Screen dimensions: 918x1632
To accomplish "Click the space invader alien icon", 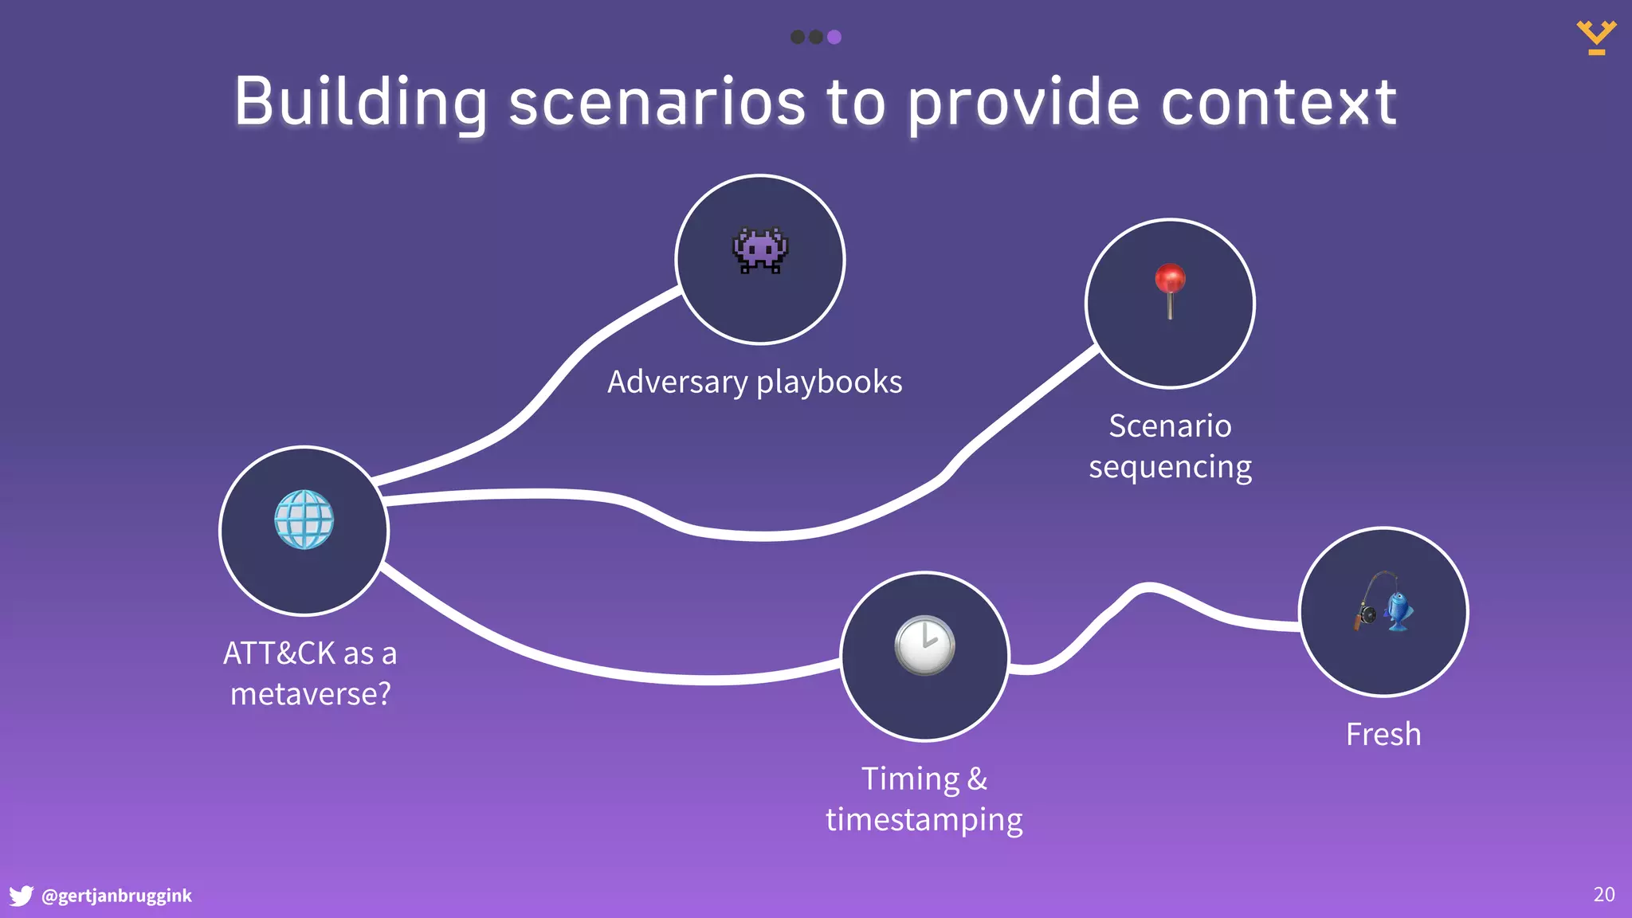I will pos(760,250).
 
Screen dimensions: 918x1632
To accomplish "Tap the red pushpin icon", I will pos(1170,288).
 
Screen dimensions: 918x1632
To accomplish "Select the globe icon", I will pos(304,520).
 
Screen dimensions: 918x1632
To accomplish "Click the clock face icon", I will pos(924,645).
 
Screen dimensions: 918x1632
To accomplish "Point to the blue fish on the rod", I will pos(1399,611).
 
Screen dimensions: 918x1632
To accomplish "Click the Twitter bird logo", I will pos(21,896).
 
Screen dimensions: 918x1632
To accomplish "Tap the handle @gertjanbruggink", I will pos(116,896).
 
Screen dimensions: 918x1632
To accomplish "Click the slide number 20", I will pos(1603,894).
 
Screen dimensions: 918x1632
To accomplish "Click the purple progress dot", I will pos(834,37).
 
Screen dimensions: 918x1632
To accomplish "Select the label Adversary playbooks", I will pos(755,382).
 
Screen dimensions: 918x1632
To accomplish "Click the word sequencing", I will pos(1170,467).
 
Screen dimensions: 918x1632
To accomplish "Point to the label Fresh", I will pos(1383,734).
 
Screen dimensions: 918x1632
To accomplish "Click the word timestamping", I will pos(924,820).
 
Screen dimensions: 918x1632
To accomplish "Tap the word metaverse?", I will pos(311,694).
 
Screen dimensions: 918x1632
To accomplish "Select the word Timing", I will pos(910,779).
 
